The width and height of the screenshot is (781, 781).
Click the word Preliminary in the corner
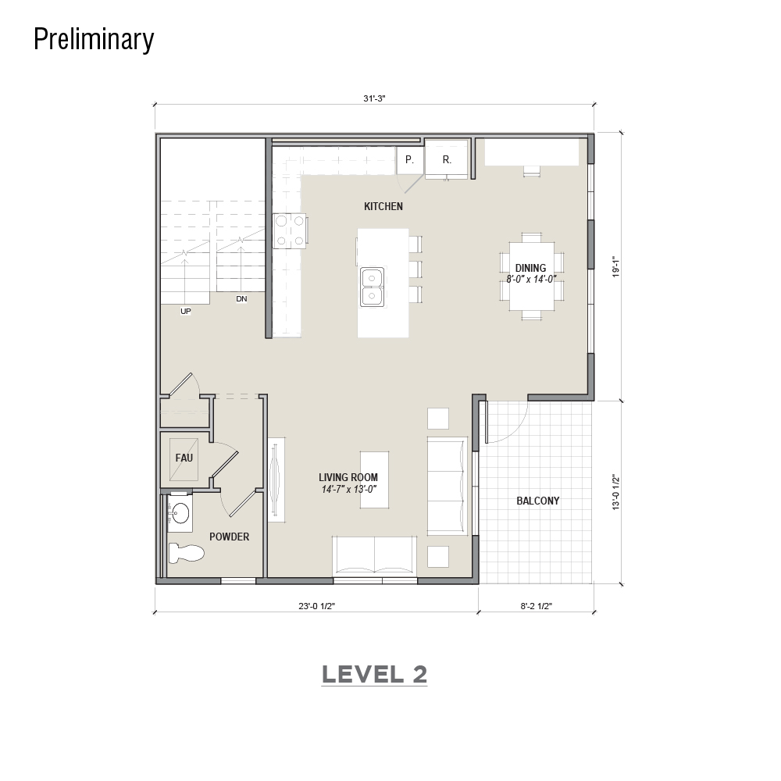tap(94, 39)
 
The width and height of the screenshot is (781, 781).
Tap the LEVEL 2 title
tap(375, 674)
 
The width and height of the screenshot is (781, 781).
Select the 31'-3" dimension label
tap(374, 98)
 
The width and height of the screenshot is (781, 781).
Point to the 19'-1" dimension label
tap(617, 267)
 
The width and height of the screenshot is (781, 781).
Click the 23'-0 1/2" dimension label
tap(317, 606)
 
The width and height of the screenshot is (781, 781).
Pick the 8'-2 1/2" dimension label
tap(537, 606)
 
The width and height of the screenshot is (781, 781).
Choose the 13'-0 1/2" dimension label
tap(617, 493)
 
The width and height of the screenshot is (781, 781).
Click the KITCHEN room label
tap(383, 206)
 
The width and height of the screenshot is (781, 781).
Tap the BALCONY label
tap(537, 501)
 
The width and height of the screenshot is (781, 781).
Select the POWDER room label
tap(229, 537)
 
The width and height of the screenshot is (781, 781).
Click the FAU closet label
tap(184, 457)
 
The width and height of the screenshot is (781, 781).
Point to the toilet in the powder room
tap(187, 553)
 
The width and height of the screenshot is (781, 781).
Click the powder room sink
tap(180, 512)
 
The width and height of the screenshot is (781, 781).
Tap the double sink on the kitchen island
tap(372, 287)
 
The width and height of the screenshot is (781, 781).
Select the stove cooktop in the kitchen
tap(290, 231)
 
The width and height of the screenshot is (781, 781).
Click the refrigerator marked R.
tap(446, 159)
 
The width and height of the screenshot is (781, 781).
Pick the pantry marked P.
tap(409, 159)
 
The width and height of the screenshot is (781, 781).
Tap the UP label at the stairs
tap(185, 312)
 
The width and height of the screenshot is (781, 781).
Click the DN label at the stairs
tap(241, 299)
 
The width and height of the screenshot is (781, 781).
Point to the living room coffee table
tap(375, 480)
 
